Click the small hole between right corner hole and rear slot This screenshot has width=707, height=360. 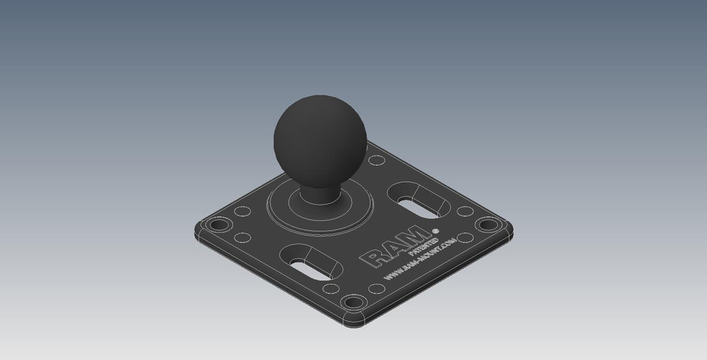(465, 212)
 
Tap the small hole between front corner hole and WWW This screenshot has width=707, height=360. (376, 289)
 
